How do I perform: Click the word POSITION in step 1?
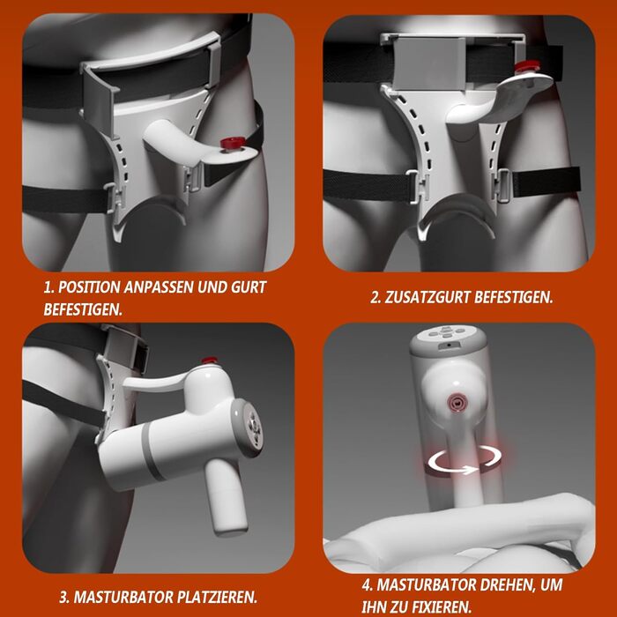89,287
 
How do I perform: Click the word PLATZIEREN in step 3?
217,598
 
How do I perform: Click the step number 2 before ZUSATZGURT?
375,298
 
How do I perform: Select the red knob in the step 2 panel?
528,66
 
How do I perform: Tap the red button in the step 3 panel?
210,361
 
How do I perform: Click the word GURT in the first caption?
249,287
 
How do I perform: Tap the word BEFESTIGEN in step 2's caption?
513,298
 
